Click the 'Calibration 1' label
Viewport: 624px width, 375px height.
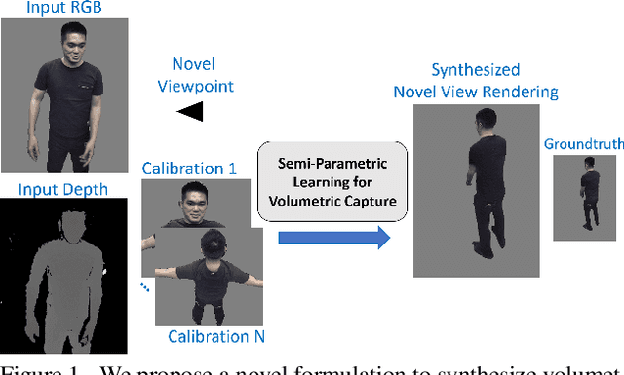tap(189, 168)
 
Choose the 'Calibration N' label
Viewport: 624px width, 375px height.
tap(214, 337)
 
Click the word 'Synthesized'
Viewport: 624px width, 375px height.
tap(475, 71)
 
